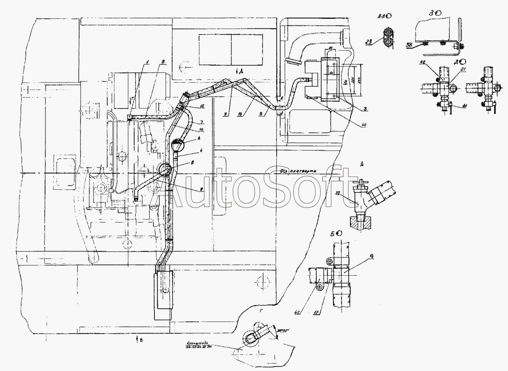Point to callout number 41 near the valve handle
[x=453, y=106]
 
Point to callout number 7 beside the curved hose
[x=202, y=122]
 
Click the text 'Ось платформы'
[x=302, y=171]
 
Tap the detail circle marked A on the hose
[x=178, y=145]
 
